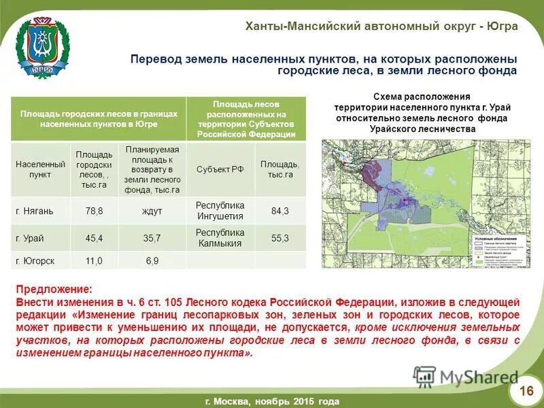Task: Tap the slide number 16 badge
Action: click(x=526, y=390)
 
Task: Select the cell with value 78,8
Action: click(x=94, y=211)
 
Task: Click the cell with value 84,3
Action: click(x=279, y=211)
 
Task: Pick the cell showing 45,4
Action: click(x=94, y=239)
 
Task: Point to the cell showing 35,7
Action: click(x=152, y=239)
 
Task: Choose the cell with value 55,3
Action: click(x=279, y=239)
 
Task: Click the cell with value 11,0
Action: click(x=94, y=261)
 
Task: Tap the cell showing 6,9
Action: click(x=152, y=261)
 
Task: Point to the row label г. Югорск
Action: click(x=35, y=261)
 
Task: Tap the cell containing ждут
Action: click(x=152, y=211)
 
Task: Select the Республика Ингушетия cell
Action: click(x=220, y=211)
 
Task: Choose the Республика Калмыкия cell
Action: click(x=220, y=239)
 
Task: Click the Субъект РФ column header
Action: click(x=220, y=169)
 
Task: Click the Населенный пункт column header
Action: click(x=40, y=169)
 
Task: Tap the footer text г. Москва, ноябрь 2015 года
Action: click(x=271, y=401)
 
